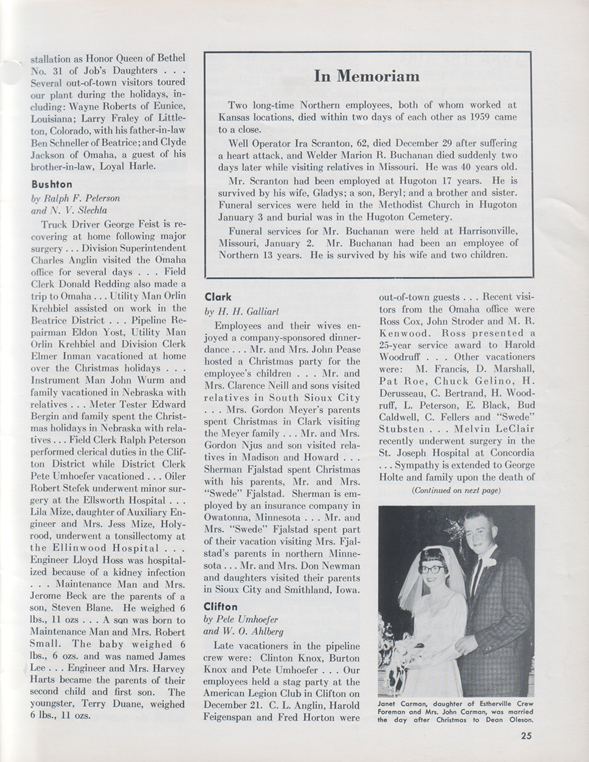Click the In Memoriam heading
click(x=366, y=76)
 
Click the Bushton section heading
click(x=52, y=184)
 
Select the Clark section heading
click(x=218, y=297)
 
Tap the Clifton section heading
click(x=222, y=606)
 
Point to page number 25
click(x=526, y=736)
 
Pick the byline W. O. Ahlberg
click(x=255, y=632)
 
